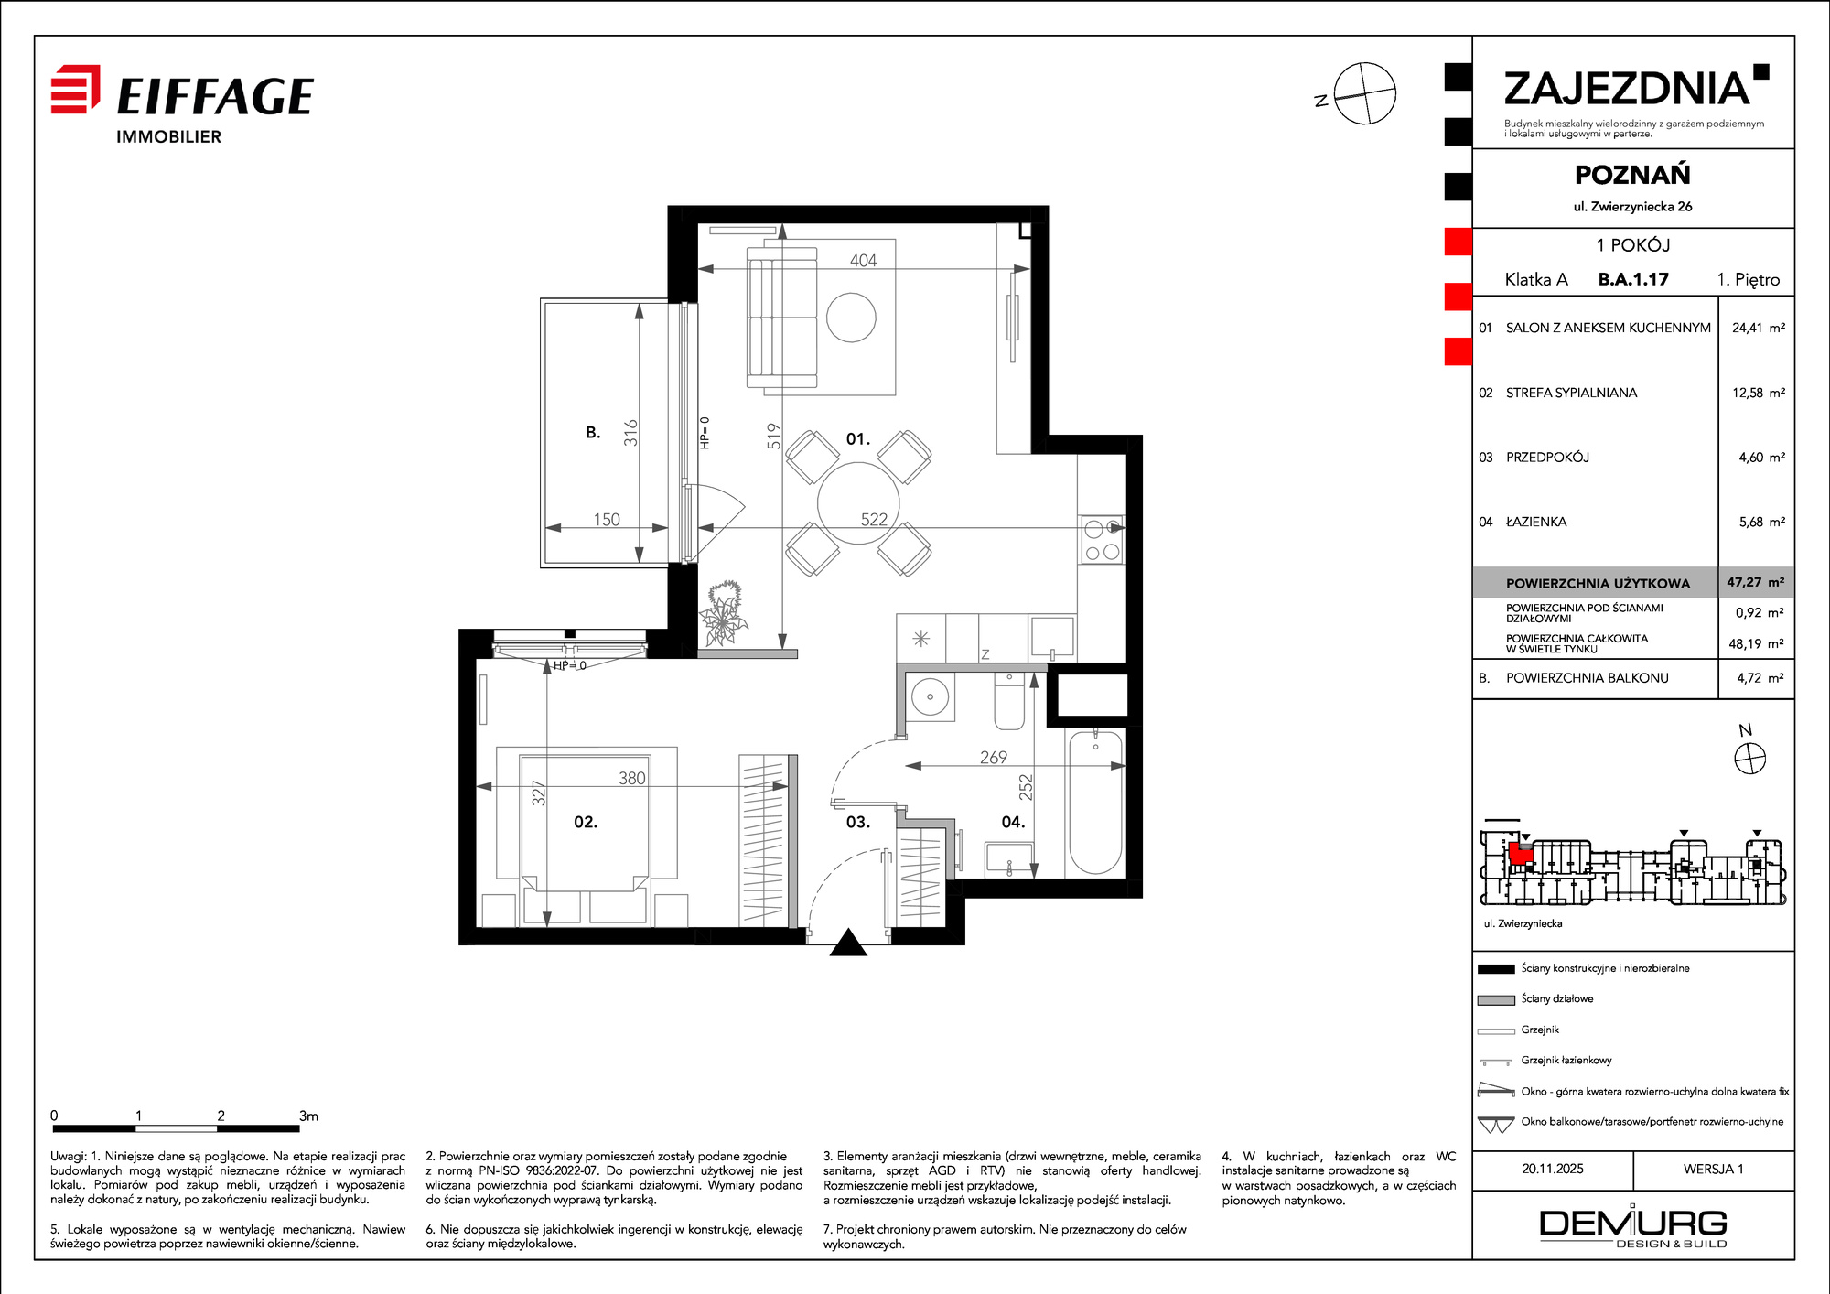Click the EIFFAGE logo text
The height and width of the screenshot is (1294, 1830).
point(215,96)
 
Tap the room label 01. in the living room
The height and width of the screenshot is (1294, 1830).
point(857,439)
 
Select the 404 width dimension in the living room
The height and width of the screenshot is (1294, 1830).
point(863,261)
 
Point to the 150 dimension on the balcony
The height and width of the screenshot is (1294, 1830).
point(607,520)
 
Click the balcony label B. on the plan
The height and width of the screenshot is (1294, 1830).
point(593,433)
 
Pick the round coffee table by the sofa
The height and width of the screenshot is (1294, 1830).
point(851,317)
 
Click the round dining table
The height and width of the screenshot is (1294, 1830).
point(858,503)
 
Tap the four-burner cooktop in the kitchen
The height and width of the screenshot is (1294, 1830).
point(1102,539)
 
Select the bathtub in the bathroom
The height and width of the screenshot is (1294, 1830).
point(1095,803)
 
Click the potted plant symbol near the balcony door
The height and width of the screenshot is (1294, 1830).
point(724,613)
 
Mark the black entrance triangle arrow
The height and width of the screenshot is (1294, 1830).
point(848,943)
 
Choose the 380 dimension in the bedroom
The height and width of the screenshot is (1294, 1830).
point(631,778)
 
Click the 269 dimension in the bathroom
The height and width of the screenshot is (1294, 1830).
point(993,758)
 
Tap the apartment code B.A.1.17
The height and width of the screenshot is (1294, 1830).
point(1633,279)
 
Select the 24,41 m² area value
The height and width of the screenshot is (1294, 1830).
point(1758,328)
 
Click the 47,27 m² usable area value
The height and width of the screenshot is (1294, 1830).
point(1755,582)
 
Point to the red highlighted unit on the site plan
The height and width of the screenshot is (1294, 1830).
point(1520,853)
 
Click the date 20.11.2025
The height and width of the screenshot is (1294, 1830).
point(1553,1169)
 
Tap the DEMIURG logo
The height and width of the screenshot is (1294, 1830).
point(1633,1226)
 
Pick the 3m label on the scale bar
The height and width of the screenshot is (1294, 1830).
point(308,1116)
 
